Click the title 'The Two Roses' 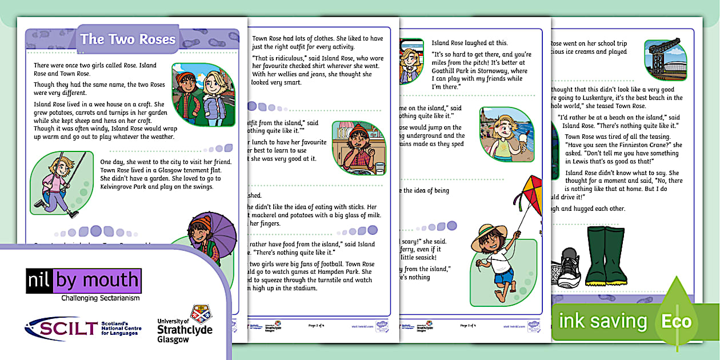click(x=127, y=39)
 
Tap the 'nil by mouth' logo click(x=83, y=281)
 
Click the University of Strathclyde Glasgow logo click(x=185, y=325)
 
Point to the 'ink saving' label click(x=602, y=321)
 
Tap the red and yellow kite click(x=526, y=195)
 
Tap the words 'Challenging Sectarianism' click(x=100, y=298)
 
